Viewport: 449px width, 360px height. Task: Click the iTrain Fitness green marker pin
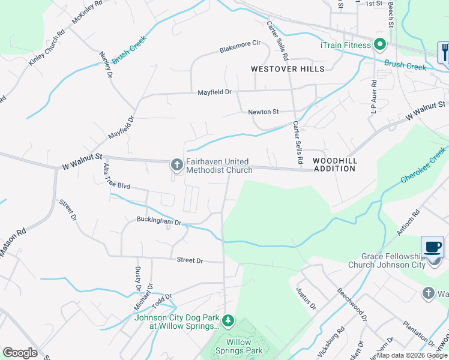(x=379, y=45)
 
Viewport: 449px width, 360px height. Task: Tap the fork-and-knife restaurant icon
(x=444, y=52)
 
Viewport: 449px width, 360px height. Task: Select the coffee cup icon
(x=432, y=247)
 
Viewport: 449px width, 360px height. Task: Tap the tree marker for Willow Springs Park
(x=228, y=322)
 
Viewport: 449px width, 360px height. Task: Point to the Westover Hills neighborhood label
(x=288, y=69)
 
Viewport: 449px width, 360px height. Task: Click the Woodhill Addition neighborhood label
(x=334, y=165)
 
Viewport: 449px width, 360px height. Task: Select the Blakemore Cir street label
(x=240, y=44)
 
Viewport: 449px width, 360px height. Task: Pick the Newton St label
(x=264, y=112)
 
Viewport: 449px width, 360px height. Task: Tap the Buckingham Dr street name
(x=158, y=221)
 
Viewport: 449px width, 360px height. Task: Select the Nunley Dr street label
(x=106, y=65)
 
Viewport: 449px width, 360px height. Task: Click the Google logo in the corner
(x=20, y=352)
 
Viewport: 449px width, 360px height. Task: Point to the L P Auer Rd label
(x=373, y=97)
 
